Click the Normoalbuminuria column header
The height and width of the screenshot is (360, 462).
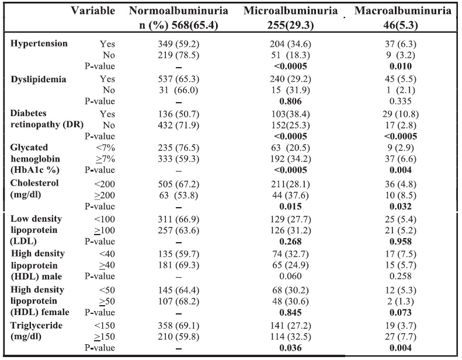[x=179, y=11]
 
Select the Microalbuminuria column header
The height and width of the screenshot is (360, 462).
[x=290, y=11]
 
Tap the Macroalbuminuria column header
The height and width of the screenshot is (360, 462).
[x=402, y=11]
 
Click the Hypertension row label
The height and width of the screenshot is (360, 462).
[x=39, y=44]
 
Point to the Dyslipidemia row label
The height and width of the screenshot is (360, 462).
[x=39, y=79]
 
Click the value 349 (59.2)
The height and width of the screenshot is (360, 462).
[x=179, y=44]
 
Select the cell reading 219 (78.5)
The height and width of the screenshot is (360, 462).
[x=179, y=55]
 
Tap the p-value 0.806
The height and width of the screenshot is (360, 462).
[x=290, y=102]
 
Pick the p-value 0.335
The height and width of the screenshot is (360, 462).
[x=401, y=102]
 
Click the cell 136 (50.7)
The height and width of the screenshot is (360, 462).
[x=179, y=114]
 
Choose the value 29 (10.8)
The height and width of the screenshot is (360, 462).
[x=401, y=114]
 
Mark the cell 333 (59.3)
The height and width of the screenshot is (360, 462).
[x=179, y=159]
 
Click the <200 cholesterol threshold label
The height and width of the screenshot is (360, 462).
[x=105, y=184]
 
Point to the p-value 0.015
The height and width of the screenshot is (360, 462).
[x=290, y=207]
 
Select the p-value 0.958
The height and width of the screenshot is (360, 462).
[x=401, y=242]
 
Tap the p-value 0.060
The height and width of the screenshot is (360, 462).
[x=290, y=276]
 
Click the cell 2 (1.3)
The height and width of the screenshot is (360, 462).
[x=401, y=302]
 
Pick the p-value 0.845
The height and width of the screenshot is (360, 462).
[x=290, y=313]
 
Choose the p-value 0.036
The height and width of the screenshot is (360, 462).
[x=290, y=348]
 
